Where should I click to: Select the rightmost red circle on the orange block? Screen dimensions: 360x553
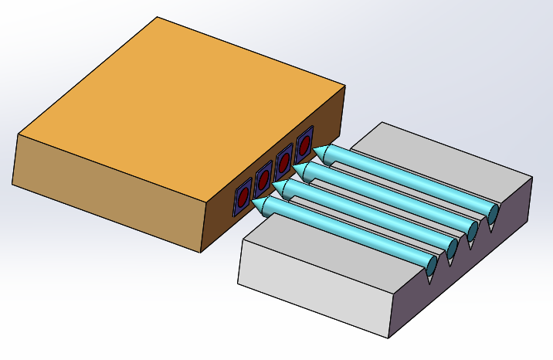[304, 144]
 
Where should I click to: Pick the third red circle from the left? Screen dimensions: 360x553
[284, 162]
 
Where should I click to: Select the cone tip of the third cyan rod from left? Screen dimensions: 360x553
[300, 170]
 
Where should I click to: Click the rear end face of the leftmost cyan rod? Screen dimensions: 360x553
[431, 265]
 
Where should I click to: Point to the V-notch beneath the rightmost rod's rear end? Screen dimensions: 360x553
[492, 225]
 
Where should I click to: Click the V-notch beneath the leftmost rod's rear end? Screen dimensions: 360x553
[431, 277]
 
